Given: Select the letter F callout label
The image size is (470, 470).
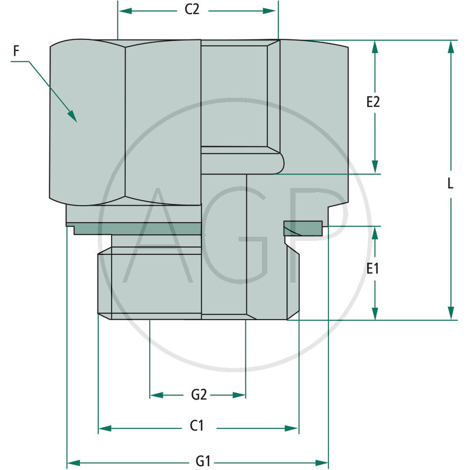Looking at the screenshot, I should click(x=16, y=51).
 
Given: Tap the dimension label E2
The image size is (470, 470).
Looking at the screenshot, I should click(x=373, y=102).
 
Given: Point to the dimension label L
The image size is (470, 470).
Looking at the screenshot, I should click(x=451, y=183).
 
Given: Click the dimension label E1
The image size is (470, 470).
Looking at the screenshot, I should click(x=372, y=269).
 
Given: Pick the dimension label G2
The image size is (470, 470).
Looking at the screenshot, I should click(x=199, y=395).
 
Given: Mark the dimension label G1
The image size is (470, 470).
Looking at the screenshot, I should click(x=203, y=462).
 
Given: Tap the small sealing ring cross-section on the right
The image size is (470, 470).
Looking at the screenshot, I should click(x=303, y=228).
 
